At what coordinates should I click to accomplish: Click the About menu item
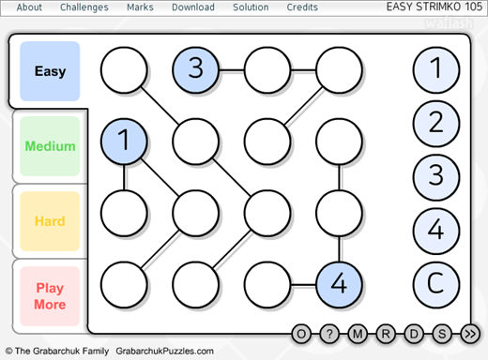(29, 7)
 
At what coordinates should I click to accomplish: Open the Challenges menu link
(84, 7)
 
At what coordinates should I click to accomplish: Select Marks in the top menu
(140, 7)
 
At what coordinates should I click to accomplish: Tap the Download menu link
(193, 7)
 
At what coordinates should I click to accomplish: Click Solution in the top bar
(251, 7)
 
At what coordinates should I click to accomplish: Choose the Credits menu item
(302, 7)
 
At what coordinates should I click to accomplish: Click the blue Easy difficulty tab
(50, 71)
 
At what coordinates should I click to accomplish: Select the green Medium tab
(50, 146)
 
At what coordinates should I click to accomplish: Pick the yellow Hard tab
(50, 221)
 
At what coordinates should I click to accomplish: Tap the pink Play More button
(50, 296)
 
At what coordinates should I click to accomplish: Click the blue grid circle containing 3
(195, 69)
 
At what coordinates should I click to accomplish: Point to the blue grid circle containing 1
(124, 142)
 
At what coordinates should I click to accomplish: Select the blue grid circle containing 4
(339, 284)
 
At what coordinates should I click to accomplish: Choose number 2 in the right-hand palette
(436, 124)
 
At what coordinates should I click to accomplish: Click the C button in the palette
(436, 284)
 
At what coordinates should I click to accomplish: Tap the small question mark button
(329, 334)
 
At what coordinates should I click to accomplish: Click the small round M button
(358, 334)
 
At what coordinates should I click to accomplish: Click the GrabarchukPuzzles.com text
(164, 352)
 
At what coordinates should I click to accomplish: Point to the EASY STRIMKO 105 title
(435, 7)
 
